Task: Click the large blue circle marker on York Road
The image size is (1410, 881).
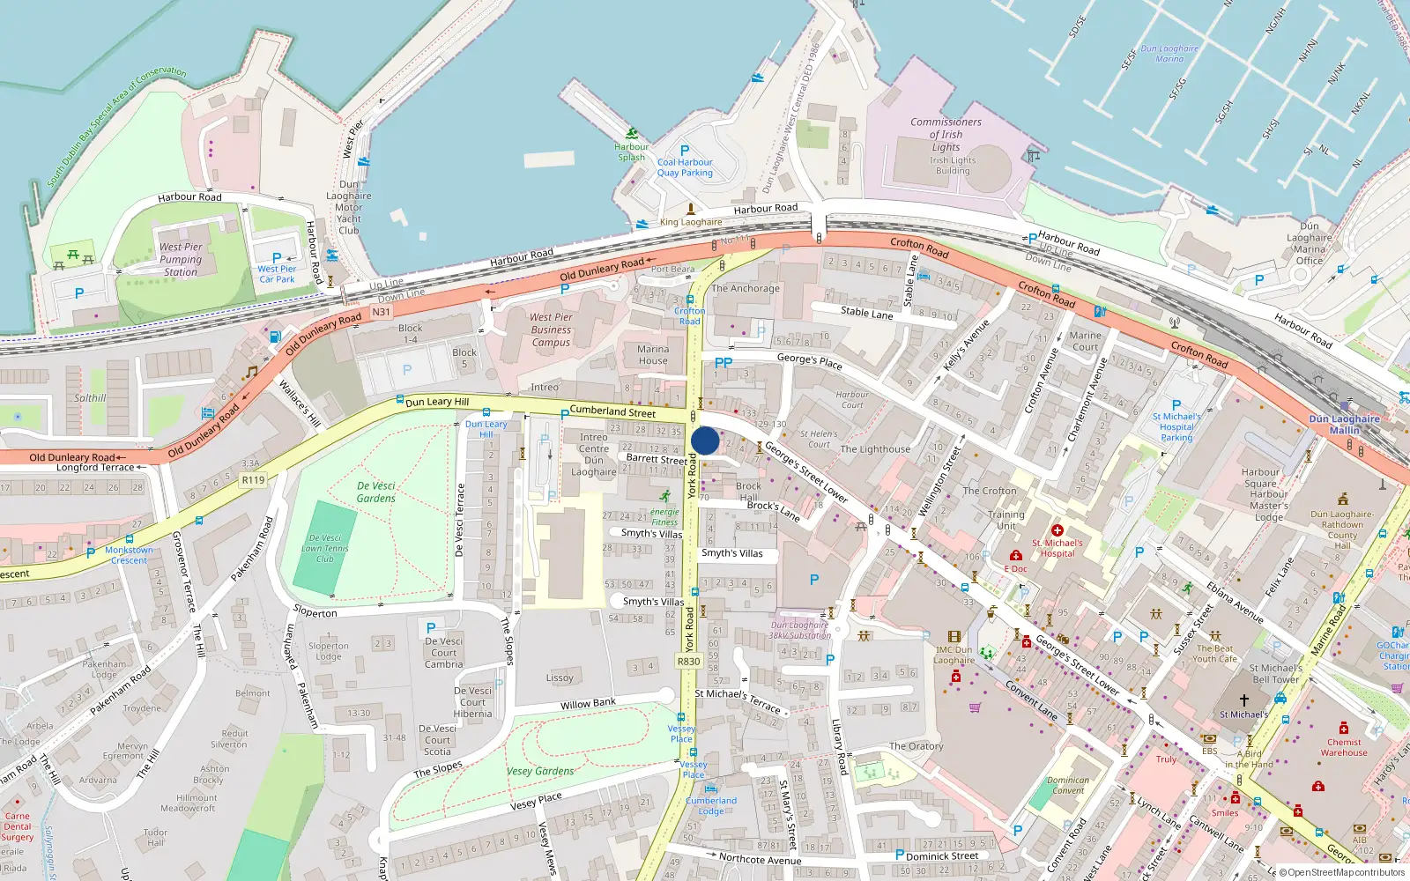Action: click(x=705, y=440)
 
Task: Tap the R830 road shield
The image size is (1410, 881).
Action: click(x=689, y=662)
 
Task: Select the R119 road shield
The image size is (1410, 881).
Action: click(x=253, y=480)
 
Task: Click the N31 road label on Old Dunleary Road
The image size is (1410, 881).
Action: click(x=381, y=312)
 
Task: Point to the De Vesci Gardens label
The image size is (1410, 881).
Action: click(x=376, y=492)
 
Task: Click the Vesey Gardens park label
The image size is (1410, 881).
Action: click(x=540, y=771)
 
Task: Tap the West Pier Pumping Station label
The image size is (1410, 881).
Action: click(x=181, y=260)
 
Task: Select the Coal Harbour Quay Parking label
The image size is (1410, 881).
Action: click(x=685, y=167)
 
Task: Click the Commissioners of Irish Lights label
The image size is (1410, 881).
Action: click(x=946, y=135)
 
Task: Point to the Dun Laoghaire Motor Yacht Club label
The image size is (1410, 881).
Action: click(x=349, y=208)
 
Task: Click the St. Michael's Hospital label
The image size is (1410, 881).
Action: click(x=1057, y=548)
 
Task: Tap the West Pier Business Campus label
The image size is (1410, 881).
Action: click(x=551, y=329)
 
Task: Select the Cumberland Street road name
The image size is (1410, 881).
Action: click(x=612, y=411)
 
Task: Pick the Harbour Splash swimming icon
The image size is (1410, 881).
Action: click(x=632, y=134)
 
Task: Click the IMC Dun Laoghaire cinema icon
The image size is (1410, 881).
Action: click(x=954, y=636)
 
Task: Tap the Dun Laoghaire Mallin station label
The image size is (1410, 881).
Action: click(x=1345, y=425)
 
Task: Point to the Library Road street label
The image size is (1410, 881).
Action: click(x=840, y=747)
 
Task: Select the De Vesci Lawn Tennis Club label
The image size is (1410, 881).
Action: click(x=325, y=548)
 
